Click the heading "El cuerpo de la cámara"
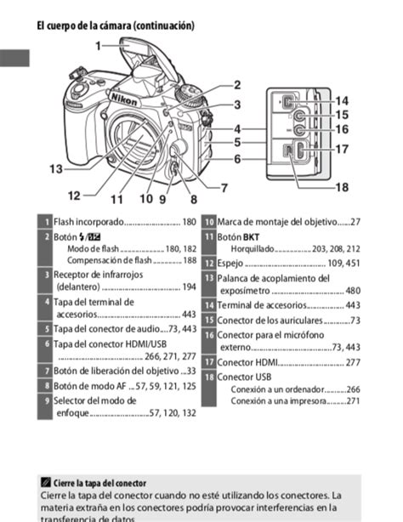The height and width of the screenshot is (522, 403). pos(116,26)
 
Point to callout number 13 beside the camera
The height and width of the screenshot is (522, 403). pos(55,169)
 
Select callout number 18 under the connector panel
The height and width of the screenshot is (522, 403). pos(341,187)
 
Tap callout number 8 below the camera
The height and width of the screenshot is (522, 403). pos(194,199)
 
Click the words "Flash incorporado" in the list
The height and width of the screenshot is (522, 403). pos(88,223)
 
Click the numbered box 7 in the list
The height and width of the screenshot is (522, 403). pos(46,371)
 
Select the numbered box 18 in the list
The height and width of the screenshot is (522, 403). pos(208,377)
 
